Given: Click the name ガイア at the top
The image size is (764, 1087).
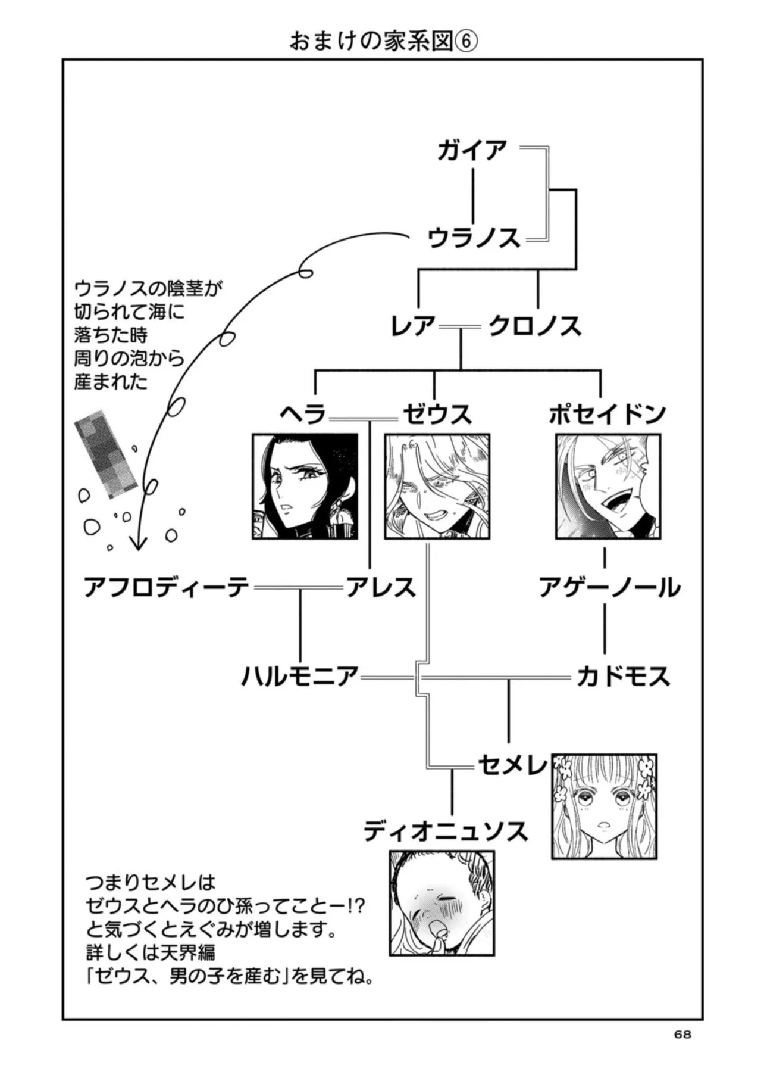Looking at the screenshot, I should [472, 151].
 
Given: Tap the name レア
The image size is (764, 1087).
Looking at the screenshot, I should [413, 326].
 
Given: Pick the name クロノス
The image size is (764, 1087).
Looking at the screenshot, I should [534, 326].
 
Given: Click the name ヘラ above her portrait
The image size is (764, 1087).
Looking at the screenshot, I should [303, 414].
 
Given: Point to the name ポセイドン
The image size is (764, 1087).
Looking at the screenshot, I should [607, 414].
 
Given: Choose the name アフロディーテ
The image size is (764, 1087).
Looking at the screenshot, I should [167, 588].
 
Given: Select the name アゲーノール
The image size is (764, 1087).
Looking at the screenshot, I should [609, 588].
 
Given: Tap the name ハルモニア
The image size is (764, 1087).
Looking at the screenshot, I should [299, 677].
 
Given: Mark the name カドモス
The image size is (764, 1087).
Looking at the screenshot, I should [623, 677].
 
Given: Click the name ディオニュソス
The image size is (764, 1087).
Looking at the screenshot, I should [446, 831].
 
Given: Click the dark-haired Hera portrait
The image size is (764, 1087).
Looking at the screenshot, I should [305, 486].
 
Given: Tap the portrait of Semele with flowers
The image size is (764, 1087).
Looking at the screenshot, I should [604, 806].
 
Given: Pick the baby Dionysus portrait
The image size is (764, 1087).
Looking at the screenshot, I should [442, 903].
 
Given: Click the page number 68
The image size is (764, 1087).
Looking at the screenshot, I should [682, 1035].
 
